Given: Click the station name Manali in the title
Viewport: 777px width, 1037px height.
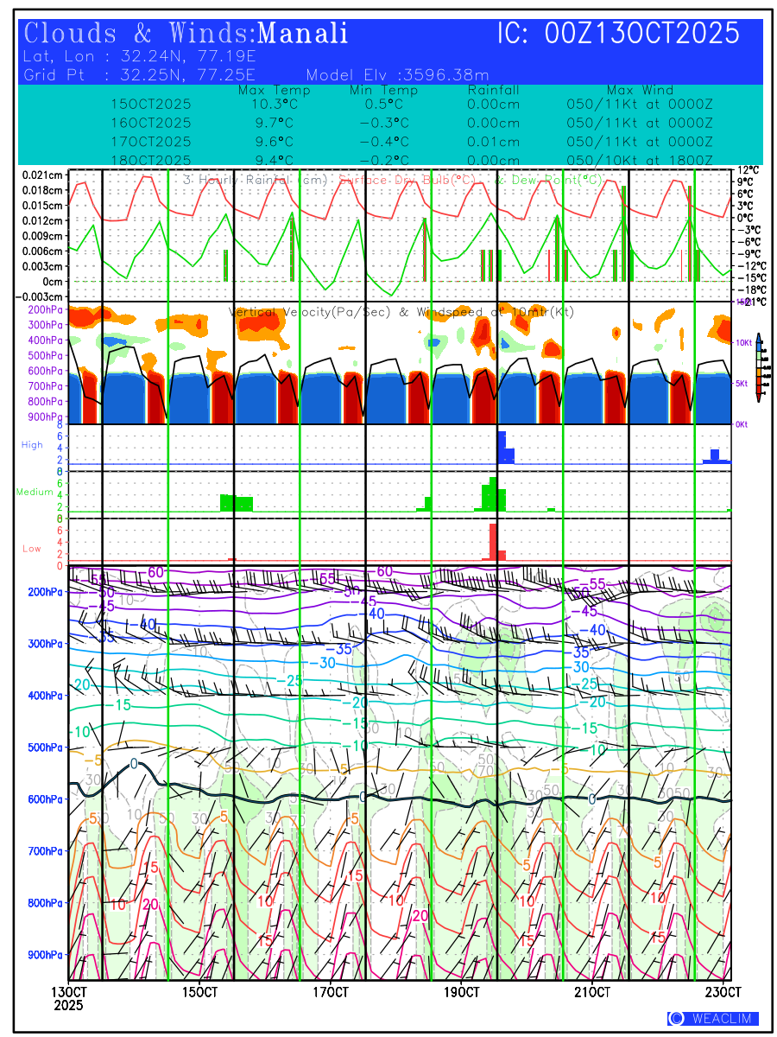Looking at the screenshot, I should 303,34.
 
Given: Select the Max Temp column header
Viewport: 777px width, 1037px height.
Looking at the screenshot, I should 274,90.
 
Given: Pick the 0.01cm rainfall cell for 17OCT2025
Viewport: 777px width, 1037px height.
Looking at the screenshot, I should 493,142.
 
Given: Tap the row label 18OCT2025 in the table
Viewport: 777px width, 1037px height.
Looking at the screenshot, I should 151,161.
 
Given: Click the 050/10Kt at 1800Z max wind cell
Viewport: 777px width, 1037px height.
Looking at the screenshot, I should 639,161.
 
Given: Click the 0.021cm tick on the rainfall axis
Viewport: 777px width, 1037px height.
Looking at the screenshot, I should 42,175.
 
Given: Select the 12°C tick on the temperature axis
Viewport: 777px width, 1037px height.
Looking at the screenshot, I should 747,170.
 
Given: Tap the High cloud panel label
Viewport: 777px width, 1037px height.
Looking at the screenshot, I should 32,445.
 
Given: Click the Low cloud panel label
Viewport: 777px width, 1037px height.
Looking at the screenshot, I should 32,548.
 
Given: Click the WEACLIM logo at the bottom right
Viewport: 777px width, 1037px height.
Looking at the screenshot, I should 713,1019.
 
